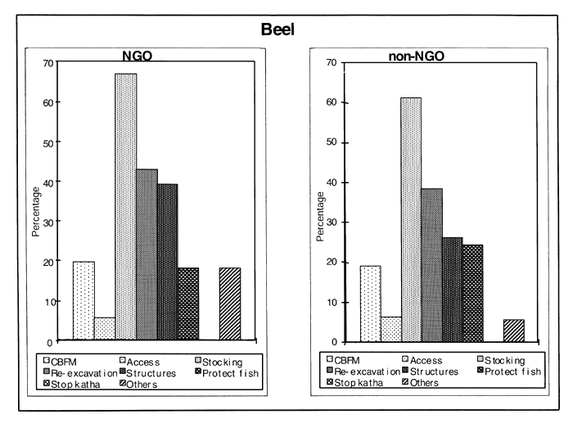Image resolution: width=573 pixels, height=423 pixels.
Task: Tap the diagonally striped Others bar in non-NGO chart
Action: click(x=513, y=330)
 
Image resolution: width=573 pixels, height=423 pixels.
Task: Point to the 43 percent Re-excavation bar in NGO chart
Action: click(x=147, y=254)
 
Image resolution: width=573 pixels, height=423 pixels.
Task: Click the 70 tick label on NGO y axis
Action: click(x=49, y=63)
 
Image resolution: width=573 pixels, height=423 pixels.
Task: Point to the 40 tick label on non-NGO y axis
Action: click(x=333, y=182)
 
